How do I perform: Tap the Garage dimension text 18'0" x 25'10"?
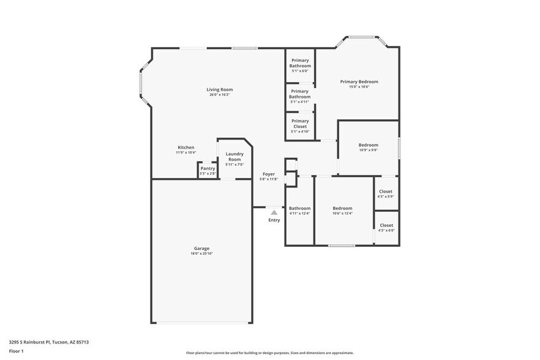[x=202, y=253]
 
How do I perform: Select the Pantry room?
[x=208, y=170]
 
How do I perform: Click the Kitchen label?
[x=186, y=148]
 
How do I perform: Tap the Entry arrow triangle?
[x=274, y=212]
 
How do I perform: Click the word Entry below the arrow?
[x=274, y=220]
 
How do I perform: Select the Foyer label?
[x=269, y=174]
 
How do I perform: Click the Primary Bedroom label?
[x=359, y=81]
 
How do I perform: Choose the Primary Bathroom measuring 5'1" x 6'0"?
[x=300, y=65]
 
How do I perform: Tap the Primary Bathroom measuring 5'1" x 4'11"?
[x=300, y=96]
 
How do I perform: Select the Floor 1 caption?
[x=17, y=351]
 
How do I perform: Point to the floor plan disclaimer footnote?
[x=269, y=353]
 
